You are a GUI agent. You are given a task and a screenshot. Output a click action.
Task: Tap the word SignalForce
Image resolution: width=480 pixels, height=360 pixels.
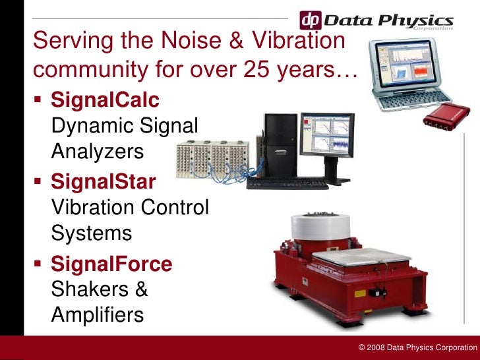pos(111,264)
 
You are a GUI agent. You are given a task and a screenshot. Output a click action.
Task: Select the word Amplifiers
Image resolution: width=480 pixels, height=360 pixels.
pos(97,315)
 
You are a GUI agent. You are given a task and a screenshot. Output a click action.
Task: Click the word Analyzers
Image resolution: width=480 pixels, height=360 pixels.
pos(96,152)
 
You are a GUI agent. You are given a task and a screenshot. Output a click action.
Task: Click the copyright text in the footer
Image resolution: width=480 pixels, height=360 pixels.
pos(415,347)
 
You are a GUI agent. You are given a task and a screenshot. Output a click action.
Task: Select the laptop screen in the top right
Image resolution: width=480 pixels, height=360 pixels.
pos(405,68)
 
